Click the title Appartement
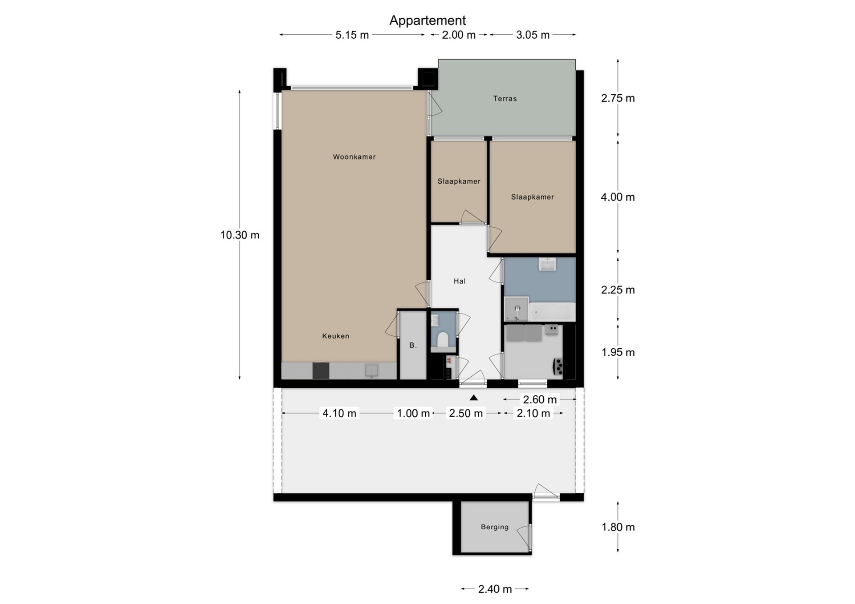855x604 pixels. coord(427,20)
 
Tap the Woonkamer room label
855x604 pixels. coord(354,157)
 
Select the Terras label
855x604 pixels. coord(505,98)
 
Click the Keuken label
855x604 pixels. coord(336,336)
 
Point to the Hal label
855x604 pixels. coord(460,281)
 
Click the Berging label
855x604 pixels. coord(495,527)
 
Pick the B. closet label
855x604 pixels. coord(413,345)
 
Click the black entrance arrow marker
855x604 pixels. coord(474,398)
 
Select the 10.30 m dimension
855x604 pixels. coord(240,235)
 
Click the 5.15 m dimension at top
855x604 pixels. coord(352,35)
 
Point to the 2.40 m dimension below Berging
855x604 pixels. coord(495,589)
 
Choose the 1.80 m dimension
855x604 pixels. coord(618,527)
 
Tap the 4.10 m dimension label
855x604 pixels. coord(339,413)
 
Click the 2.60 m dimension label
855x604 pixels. coord(540,399)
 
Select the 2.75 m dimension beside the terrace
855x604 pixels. coord(618,98)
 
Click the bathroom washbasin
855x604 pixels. coord(547,264)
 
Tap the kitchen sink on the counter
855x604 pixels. coord(371,370)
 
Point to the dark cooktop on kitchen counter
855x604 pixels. coord(321,371)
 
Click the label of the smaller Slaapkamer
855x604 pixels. coord(459,181)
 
